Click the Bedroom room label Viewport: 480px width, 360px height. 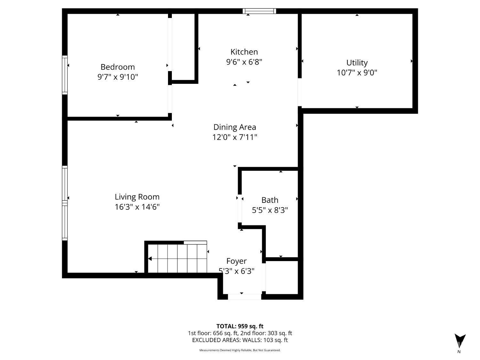pyautogui.click(x=117, y=67)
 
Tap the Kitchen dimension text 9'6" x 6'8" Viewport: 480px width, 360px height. pyautogui.click(x=244, y=62)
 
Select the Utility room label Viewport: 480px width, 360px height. pyautogui.click(x=357, y=62)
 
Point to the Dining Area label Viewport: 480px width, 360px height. pyautogui.click(x=235, y=127)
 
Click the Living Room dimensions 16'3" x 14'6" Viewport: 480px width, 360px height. pyautogui.click(x=137, y=207)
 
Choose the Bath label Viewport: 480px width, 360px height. pyautogui.click(x=270, y=200)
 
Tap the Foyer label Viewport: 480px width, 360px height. pyautogui.click(x=236, y=261)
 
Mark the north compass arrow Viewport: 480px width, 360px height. pyautogui.click(x=460, y=340)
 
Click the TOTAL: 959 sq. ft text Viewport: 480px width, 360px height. pyautogui.click(x=240, y=326)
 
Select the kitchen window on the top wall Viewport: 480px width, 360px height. pyautogui.click(x=259, y=11)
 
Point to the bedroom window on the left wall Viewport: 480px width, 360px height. pyautogui.click(x=65, y=75)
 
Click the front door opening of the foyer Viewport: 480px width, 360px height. pyautogui.click(x=244, y=297)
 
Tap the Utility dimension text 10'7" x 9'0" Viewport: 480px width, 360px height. pyautogui.click(x=357, y=73)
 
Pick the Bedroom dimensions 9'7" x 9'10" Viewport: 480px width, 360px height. pyautogui.click(x=117, y=77)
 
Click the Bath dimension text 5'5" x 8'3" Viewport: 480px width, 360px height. pyautogui.click(x=270, y=210)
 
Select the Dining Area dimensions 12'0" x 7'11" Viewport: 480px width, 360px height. pyautogui.click(x=235, y=137)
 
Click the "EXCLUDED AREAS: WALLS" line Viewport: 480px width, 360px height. pyautogui.click(x=240, y=340)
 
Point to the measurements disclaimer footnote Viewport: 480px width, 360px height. pyautogui.click(x=240, y=350)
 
